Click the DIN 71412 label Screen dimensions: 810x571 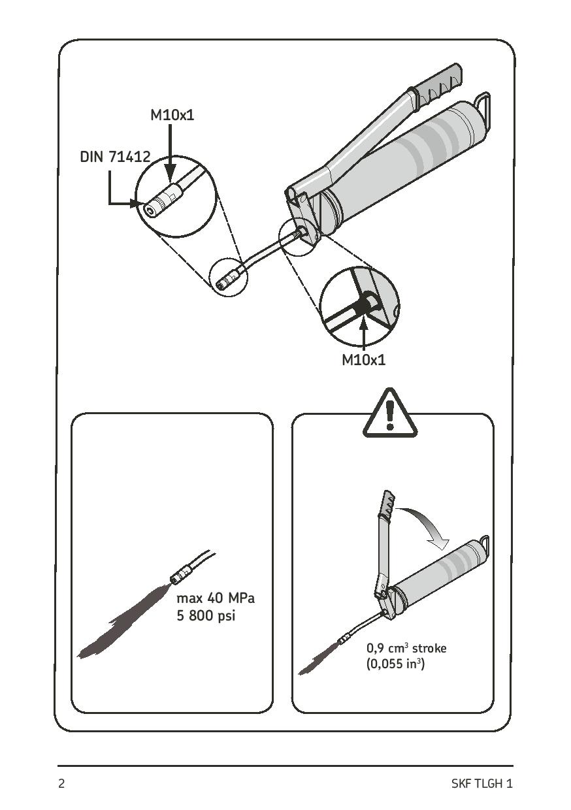[115, 157]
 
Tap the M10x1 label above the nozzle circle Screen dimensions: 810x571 [172, 116]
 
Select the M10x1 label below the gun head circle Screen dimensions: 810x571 [364, 360]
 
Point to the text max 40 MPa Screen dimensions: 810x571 [216, 598]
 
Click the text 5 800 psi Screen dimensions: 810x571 [205, 616]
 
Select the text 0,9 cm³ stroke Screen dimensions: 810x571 [406, 649]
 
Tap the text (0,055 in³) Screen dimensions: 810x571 [396, 666]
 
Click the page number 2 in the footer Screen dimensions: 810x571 [62, 784]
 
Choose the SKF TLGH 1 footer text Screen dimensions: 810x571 [481, 784]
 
